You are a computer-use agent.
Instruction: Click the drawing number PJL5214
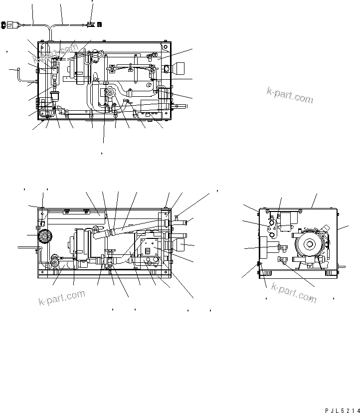pos(341,409)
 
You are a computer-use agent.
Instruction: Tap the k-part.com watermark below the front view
pos(62,298)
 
